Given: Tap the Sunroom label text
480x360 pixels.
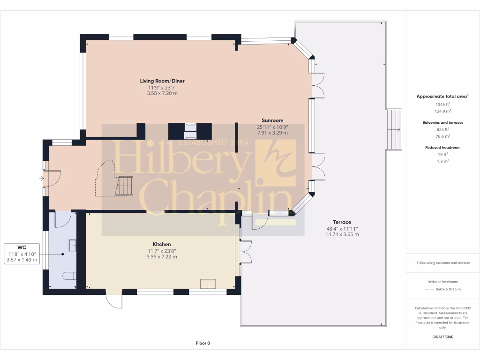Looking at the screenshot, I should [x=272, y=120].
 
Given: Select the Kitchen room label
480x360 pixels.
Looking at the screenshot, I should [x=162, y=244].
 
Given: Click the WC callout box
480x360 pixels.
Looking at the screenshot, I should [x=22, y=254].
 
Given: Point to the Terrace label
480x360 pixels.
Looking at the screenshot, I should [x=342, y=222].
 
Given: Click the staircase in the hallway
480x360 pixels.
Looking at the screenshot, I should [x=124, y=186].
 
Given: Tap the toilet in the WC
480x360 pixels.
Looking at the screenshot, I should [x=69, y=276].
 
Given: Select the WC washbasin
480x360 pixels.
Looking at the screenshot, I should [x=73, y=246].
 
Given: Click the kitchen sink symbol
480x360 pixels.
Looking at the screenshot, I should [x=207, y=284].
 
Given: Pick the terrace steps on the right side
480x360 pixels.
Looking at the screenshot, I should [x=395, y=129].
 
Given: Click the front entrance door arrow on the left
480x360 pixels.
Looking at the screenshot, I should [x=42, y=179].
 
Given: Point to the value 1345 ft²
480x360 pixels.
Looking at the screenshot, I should [x=442, y=104].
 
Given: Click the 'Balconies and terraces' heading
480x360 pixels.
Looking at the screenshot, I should [x=442, y=122].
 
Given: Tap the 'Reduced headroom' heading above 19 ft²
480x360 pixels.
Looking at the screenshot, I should [x=442, y=147].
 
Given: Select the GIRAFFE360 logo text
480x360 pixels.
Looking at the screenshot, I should [x=442, y=337].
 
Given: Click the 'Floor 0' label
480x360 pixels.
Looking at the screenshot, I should [x=203, y=343].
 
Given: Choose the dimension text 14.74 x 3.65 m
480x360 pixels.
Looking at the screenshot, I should [x=342, y=234].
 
